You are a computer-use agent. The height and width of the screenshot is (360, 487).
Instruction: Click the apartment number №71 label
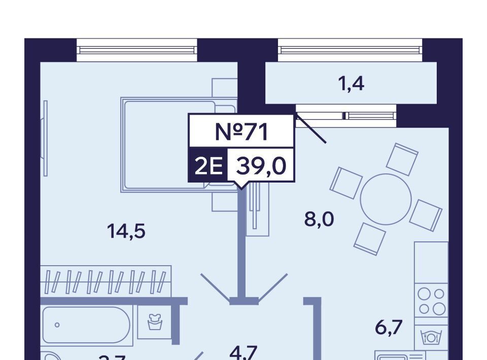tap(241, 132)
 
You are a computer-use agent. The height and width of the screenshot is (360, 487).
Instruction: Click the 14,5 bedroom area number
tap(126, 232)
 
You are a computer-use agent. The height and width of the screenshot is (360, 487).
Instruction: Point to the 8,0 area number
tap(319, 220)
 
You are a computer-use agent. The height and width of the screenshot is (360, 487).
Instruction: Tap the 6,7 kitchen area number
tap(389, 328)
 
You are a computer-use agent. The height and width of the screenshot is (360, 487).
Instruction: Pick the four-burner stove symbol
tap(431, 301)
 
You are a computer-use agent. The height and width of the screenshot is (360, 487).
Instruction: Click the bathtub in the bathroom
tap(86, 325)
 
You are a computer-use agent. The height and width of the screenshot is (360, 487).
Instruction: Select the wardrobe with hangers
tap(106, 281)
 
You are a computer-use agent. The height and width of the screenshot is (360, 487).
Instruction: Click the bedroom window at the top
tap(136, 50)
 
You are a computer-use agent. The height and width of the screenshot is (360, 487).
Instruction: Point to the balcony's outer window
tap(350, 50)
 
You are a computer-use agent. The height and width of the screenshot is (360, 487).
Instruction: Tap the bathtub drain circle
tap(57, 325)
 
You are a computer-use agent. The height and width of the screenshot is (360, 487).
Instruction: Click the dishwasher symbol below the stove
tap(431, 336)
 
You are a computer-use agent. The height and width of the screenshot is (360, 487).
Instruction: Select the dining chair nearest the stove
tap(426, 214)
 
